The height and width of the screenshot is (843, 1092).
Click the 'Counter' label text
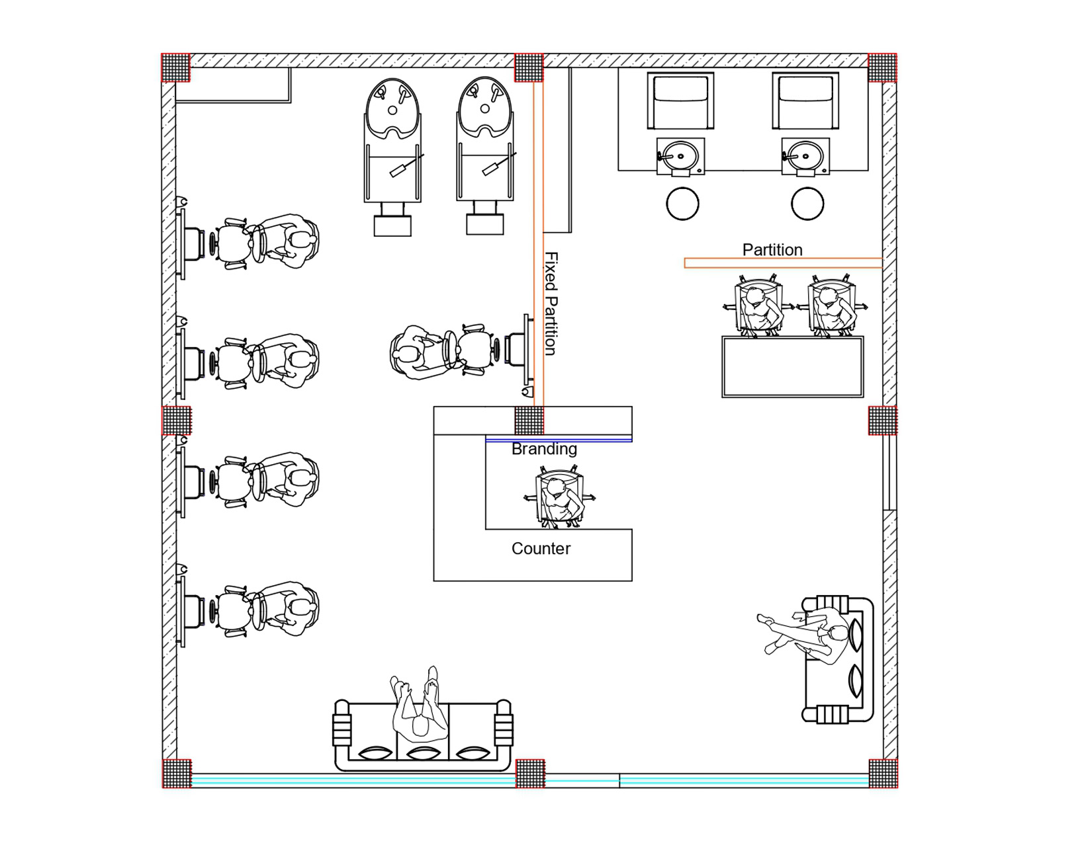(541, 549)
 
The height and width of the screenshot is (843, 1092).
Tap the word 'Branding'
(544, 450)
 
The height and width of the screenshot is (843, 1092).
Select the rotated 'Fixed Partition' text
(551, 303)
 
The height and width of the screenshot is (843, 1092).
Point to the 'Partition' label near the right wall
(772, 250)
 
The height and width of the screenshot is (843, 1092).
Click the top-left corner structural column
(176, 67)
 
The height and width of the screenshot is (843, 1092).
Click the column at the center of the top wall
(529, 67)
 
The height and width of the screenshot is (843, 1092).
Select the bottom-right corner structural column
(883, 773)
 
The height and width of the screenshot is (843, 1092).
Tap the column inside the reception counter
(529, 421)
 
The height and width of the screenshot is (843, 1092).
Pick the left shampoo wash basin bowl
(392, 106)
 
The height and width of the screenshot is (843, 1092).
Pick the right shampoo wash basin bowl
(485, 106)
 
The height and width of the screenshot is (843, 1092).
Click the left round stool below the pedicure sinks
(682, 204)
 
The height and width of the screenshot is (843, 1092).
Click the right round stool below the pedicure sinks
(807, 204)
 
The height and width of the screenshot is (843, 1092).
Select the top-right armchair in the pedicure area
(805, 101)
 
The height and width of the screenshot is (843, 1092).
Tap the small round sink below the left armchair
(680, 156)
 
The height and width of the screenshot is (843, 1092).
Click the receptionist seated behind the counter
(560, 499)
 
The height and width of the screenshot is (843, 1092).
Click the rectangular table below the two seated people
(792, 367)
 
